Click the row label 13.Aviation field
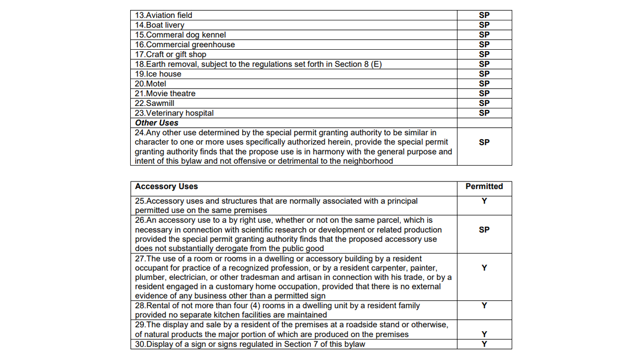click(x=164, y=15)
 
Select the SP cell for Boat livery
click(x=484, y=25)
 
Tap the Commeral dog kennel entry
click(x=180, y=35)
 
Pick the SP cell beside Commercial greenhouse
click(x=484, y=44)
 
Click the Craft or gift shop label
click(x=170, y=54)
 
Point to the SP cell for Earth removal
click(x=484, y=64)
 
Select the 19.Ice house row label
click(x=158, y=74)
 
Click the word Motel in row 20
click(x=156, y=84)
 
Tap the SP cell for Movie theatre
click(x=484, y=93)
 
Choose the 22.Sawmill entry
click(x=155, y=103)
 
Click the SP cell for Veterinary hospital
click(x=484, y=113)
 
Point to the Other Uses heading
click(x=157, y=123)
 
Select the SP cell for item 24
click(x=484, y=142)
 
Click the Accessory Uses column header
click(x=167, y=186)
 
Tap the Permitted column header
click(x=484, y=186)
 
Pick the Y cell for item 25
click(x=484, y=201)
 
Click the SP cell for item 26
click(x=484, y=230)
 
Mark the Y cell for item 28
click(x=484, y=305)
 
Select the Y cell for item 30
click(x=484, y=344)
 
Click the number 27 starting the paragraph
click(x=140, y=259)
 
